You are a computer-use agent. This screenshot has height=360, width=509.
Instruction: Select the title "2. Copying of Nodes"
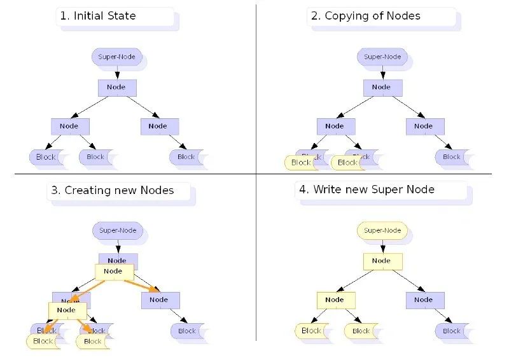(366, 17)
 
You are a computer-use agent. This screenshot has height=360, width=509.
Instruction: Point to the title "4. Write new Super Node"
(366, 190)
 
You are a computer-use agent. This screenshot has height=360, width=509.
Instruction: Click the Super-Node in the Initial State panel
(116, 57)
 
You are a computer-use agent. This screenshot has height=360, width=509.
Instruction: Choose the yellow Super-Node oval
(382, 230)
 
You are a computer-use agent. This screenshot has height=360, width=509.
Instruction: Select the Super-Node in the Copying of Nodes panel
(382, 57)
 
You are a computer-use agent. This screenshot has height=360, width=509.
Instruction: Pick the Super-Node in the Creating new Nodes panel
(118, 230)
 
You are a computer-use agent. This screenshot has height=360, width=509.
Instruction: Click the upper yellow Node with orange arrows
(113, 272)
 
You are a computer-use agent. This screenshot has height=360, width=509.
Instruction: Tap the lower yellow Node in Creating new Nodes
(67, 310)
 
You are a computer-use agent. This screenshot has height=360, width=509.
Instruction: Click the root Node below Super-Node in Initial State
(116, 87)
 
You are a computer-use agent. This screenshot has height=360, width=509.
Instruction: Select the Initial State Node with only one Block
(158, 126)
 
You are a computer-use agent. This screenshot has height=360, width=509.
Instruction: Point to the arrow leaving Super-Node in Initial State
(117, 72)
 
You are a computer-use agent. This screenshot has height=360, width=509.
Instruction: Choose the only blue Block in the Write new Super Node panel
(452, 331)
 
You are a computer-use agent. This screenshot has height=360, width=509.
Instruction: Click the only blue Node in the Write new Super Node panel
(424, 300)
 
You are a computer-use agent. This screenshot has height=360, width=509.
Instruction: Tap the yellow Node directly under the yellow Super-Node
(382, 261)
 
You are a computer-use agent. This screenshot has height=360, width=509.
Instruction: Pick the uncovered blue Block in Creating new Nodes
(187, 331)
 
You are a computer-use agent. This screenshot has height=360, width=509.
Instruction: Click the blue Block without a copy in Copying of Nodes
(452, 156)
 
